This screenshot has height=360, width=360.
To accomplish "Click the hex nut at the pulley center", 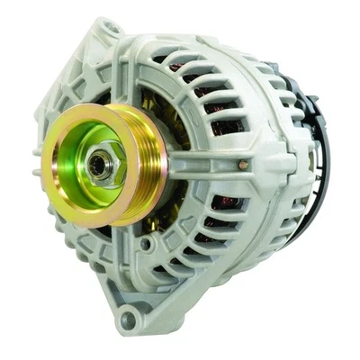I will pos(98,165).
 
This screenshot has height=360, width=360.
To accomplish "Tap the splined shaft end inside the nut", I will pos(97,166).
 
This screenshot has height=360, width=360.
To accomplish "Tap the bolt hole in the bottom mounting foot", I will pos(129,315).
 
